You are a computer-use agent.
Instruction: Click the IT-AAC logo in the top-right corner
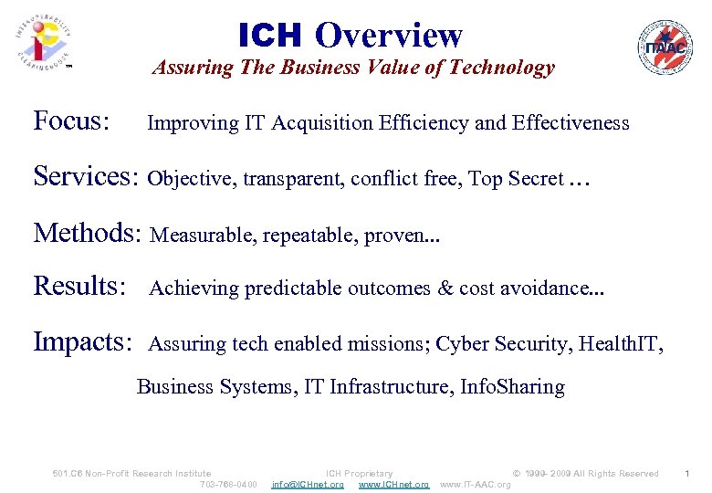point(665,47)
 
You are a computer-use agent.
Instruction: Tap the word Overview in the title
point(389,36)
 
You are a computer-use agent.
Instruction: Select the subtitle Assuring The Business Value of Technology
point(353,68)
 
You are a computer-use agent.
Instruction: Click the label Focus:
point(72,121)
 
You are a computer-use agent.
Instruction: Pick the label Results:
point(79,287)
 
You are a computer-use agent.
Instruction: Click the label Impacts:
point(83,342)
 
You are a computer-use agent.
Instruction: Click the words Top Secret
point(516,179)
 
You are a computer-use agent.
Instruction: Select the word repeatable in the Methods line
point(309,236)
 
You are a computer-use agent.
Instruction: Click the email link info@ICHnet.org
point(308,484)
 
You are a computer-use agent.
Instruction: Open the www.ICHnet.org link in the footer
point(393,484)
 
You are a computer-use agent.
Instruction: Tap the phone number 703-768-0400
point(228,484)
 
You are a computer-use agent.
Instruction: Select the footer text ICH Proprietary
point(359,473)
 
